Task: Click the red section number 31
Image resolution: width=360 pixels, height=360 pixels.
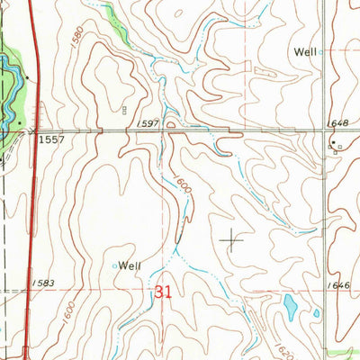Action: click(163, 292)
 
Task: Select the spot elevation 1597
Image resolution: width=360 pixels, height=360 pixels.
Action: click(149, 123)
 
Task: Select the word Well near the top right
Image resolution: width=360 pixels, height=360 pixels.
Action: click(304, 52)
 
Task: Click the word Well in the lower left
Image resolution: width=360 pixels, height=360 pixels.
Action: click(131, 265)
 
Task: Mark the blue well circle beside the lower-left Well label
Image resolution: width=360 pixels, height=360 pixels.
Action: click(114, 265)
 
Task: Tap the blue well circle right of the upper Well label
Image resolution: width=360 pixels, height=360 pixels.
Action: click(321, 52)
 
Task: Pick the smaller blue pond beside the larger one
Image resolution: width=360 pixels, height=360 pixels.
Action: click(316, 313)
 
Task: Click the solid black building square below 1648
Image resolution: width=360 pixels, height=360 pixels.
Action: click(331, 143)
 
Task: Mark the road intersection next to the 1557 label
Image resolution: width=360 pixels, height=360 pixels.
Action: click(33, 132)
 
